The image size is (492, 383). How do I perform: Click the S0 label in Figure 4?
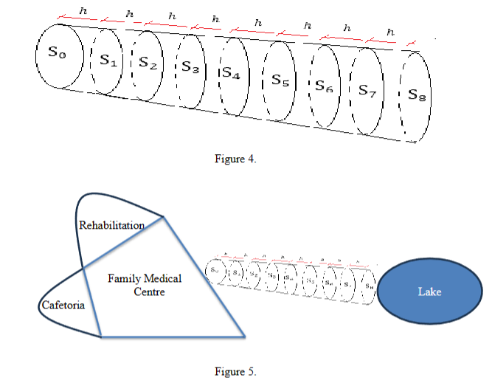click(50, 55)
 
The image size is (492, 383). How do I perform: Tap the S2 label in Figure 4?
click(148, 64)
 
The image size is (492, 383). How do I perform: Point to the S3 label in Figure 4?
click(190, 68)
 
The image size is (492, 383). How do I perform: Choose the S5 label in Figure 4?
click(280, 78)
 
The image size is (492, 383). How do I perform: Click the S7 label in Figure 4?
click(367, 90)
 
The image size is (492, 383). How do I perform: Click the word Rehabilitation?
click(111, 224)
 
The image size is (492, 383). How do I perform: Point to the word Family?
click(124, 279)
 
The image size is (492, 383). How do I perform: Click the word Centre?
click(149, 292)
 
